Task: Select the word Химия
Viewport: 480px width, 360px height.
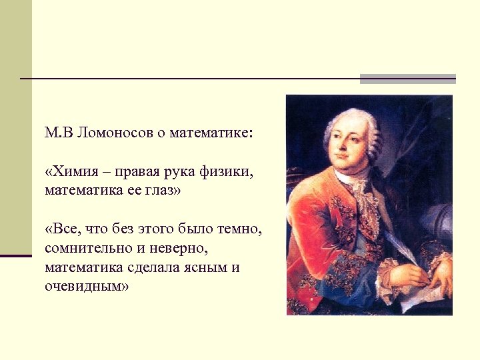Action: point(73,173)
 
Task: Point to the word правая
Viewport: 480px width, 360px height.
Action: point(137,173)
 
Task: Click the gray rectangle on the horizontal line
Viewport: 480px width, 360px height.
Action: point(407,79)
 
